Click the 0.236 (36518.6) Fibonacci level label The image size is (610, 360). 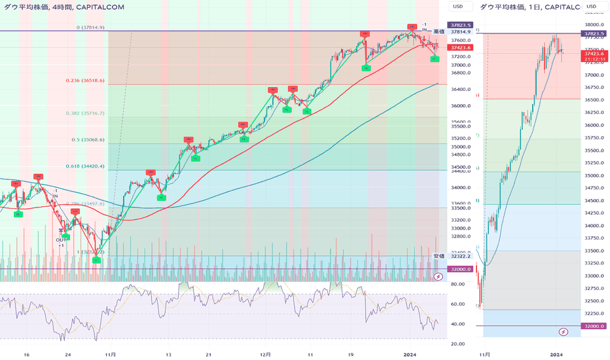pos(95,81)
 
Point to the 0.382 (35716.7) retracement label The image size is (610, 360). pos(94,113)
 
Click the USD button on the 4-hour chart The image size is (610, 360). pos(458,7)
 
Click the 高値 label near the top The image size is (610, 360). pos(439,31)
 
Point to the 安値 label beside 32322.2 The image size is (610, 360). pos(439,256)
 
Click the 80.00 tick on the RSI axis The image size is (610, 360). pos(457,284)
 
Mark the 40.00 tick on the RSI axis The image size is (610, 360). pos(457,324)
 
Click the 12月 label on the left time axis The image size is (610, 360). pos(265,353)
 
